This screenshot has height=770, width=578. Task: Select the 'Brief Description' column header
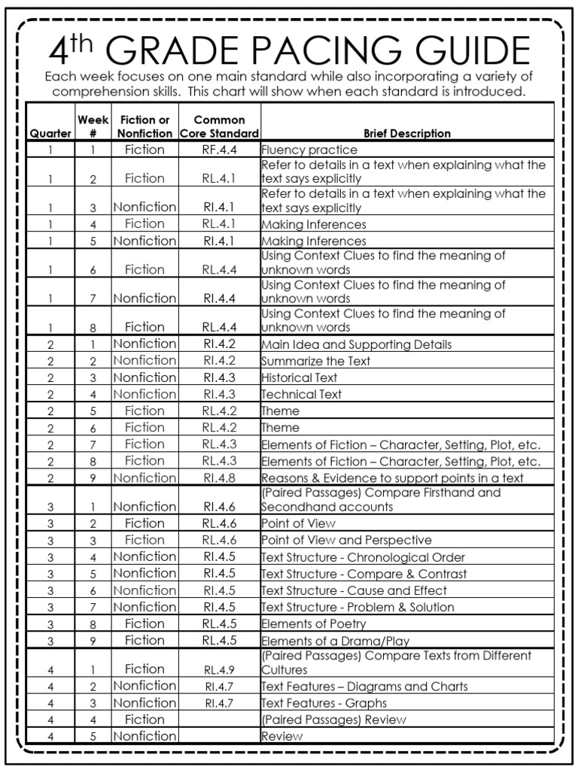pyautogui.click(x=407, y=133)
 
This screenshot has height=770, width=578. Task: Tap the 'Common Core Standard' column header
pyautogui.click(x=220, y=126)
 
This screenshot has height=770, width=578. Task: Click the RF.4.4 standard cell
pyautogui.click(x=220, y=150)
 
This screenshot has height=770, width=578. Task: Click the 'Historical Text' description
pyautogui.click(x=299, y=377)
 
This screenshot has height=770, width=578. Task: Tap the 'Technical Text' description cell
pyautogui.click(x=301, y=394)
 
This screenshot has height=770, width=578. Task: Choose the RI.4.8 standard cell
pyautogui.click(x=220, y=477)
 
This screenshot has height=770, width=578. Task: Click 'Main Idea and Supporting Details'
pyautogui.click(x=356, y=344)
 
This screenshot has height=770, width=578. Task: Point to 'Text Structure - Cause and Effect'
pyautogui.click(x=354, y=590)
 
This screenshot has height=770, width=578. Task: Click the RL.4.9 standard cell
pyautogui.click(x=220, y=669)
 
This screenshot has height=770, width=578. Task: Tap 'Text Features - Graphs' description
pyautogui.click(x=324, y=703)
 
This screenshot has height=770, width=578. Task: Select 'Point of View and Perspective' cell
pyautogui.click(x=346, y=540)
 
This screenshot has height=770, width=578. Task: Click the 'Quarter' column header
pyautogui.click(x=50, y=133)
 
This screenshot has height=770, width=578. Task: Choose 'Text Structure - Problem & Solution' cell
pyautogui.click(x=357, y=607)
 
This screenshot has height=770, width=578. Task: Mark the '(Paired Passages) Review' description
pyautogui.click(x=333, y=720)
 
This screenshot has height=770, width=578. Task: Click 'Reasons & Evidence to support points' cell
pyautogui.click(x=392, y=477)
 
